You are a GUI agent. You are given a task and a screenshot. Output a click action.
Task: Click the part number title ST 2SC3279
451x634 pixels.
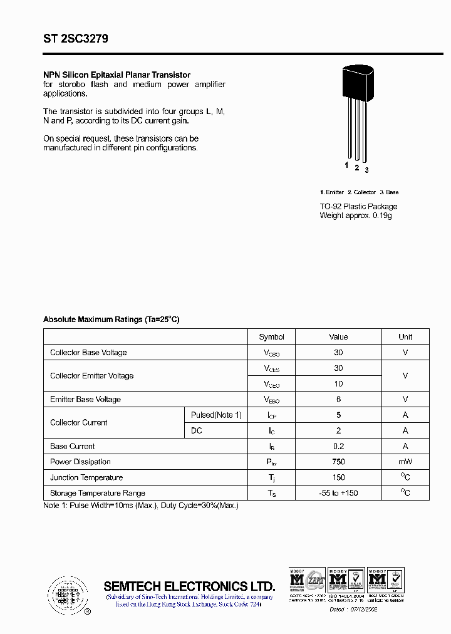point(76,39)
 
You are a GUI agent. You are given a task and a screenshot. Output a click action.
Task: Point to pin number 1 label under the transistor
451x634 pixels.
point(346,165)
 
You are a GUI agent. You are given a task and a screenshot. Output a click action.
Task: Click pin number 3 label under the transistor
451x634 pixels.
point(366,170)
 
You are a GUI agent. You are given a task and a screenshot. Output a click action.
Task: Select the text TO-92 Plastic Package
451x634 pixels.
point(358,206)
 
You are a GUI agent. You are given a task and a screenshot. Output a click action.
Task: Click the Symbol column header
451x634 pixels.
point(271,336)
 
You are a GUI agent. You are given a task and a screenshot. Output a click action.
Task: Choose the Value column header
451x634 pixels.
point(338,336)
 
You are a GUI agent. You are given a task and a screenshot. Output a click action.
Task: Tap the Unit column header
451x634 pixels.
point(405,336)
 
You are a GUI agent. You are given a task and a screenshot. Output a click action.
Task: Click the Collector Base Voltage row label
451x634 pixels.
point(88,353)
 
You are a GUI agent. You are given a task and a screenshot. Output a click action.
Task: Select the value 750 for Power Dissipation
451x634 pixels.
point(338,462)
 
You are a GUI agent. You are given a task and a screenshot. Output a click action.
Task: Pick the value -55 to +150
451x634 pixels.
point(338,493)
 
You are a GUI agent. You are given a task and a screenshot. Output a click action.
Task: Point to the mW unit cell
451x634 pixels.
point(405,462)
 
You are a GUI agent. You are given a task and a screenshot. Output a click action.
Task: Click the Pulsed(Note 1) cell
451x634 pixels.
point(216,415)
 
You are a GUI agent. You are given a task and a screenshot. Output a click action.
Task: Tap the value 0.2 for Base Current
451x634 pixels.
point(338,446)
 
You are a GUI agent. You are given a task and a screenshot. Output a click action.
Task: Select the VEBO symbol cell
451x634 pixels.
point(271,400)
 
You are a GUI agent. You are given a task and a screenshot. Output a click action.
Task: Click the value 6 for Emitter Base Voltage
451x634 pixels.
point(338,399)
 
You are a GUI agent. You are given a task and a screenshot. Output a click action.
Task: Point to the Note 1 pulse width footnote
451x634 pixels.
point(141,505)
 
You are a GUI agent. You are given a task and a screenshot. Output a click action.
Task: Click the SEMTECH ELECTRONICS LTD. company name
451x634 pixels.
point(189,586)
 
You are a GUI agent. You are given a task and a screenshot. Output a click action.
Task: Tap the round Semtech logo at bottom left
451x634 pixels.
point(66,592)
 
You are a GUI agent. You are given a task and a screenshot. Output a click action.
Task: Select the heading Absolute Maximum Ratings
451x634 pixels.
point(111,320)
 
